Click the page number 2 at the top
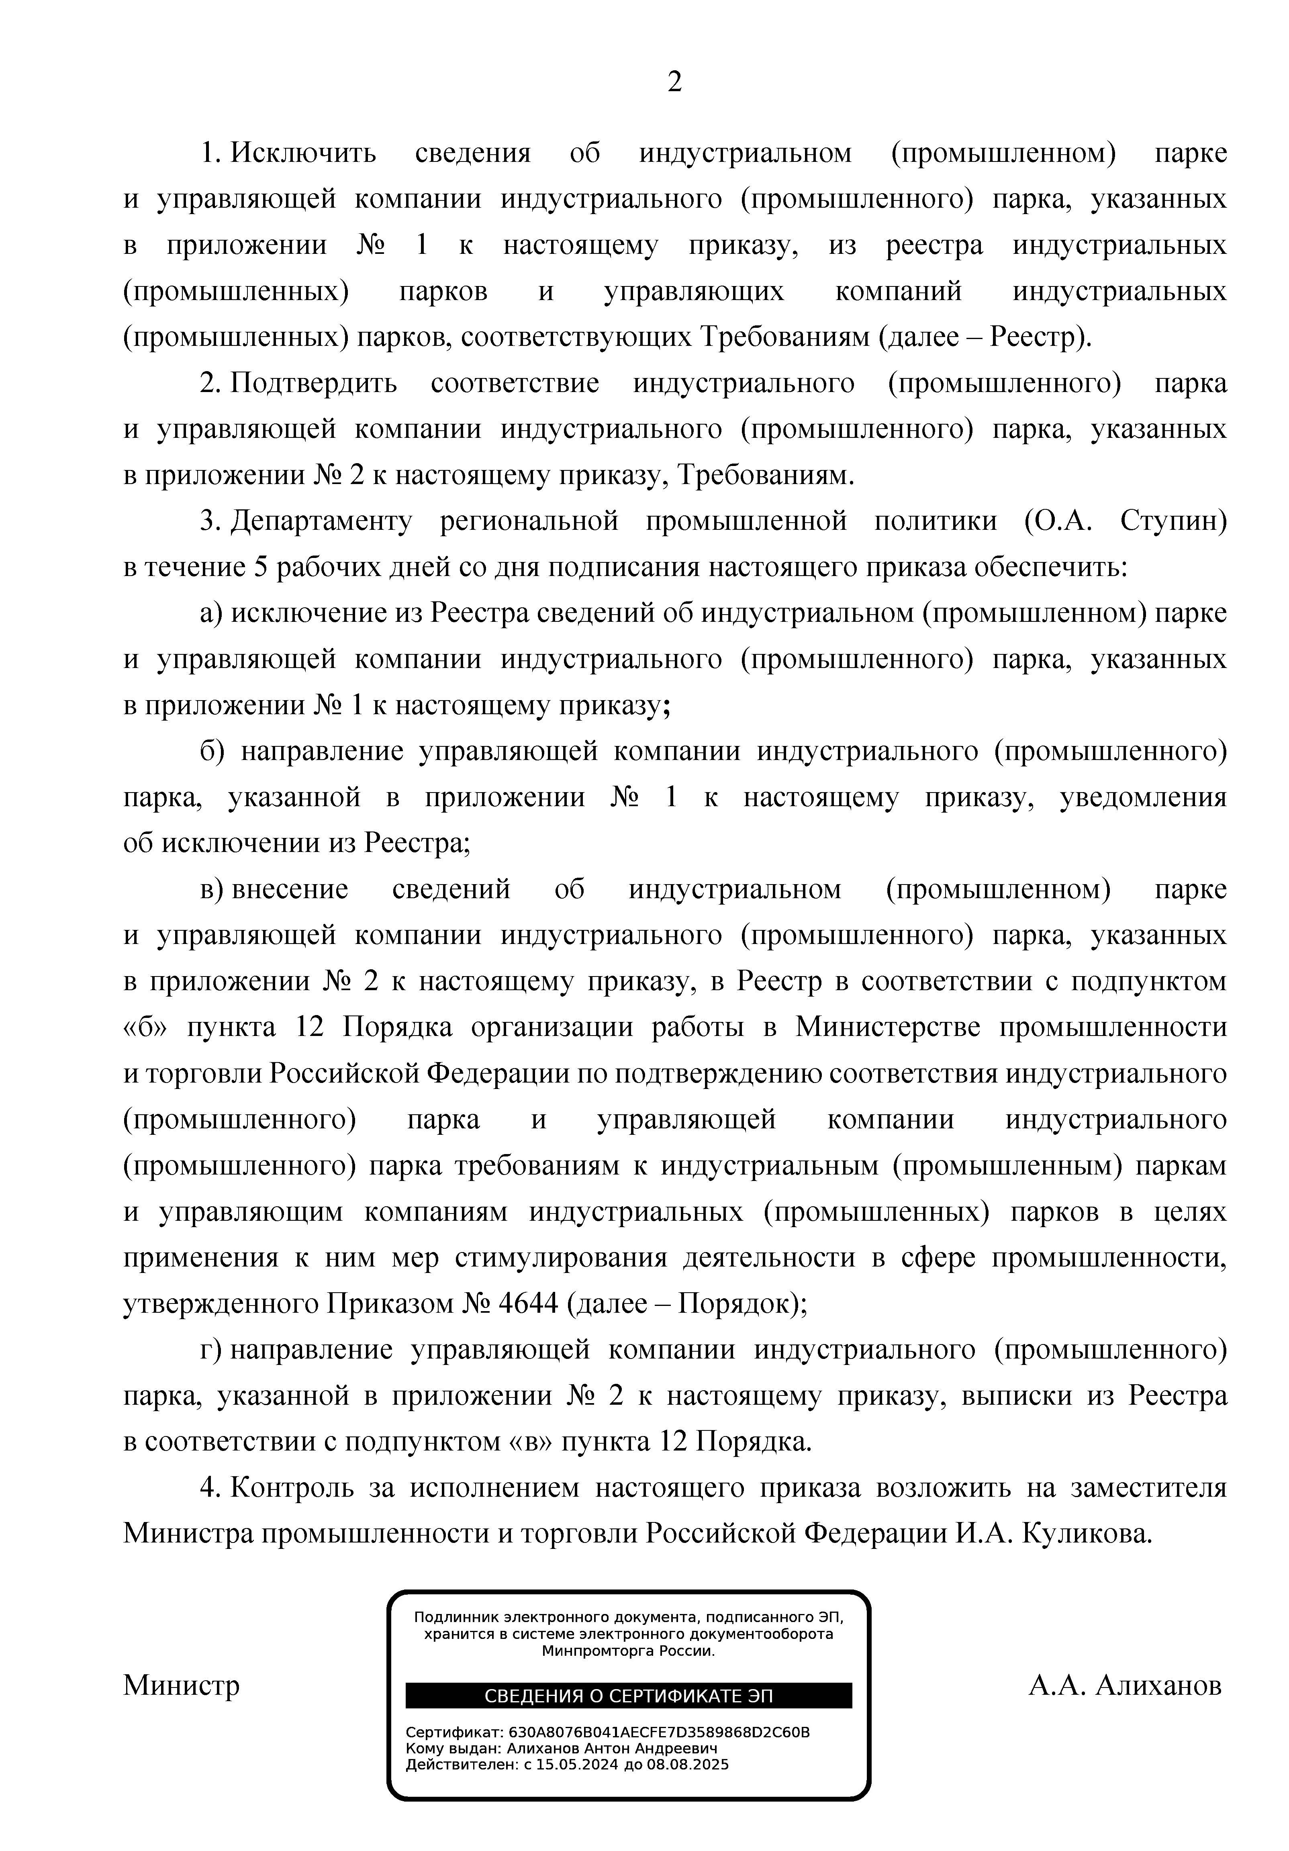point(675,82)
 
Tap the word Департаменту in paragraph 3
point(321,522)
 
